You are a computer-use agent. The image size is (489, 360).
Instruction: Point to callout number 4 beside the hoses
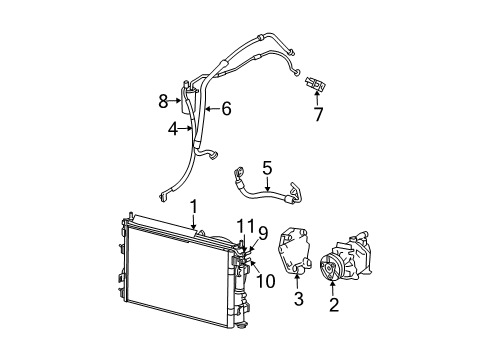172,128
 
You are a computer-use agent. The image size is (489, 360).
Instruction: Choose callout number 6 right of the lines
226,108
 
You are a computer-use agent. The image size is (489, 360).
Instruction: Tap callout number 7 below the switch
318,116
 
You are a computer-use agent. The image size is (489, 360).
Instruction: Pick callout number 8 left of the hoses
163,99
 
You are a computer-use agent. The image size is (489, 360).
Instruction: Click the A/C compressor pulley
331,269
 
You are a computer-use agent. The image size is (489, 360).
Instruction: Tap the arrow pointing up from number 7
318,98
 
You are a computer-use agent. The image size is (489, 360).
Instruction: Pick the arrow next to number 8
178,99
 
